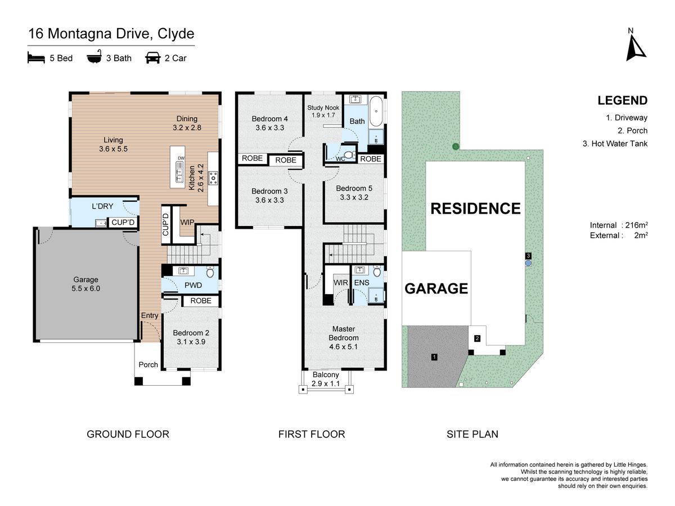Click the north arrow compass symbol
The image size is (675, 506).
(635, 48)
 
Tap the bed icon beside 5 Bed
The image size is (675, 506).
(36, 58)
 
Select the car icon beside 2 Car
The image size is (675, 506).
(153, 58)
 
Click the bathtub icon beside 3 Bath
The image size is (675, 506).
(94, 57)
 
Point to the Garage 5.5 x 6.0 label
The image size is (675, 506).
(86, 284)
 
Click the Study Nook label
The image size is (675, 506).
(323, 108)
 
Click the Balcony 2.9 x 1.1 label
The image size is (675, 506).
(326, 379)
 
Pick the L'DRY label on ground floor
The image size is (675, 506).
(102, 206)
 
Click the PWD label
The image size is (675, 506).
(193, 285)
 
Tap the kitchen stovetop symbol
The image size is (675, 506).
(213, 178)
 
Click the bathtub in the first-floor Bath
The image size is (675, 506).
(376, 112)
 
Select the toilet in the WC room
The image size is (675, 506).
(350, 155)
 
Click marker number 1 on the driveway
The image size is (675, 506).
(434, 357)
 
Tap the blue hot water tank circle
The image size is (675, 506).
(528, 263)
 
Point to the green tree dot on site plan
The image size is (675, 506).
(456, 147)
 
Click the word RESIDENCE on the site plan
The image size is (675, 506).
(475, 209)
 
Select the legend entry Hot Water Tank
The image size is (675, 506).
(615, 143)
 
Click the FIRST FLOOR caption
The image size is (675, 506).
(312, 434)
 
